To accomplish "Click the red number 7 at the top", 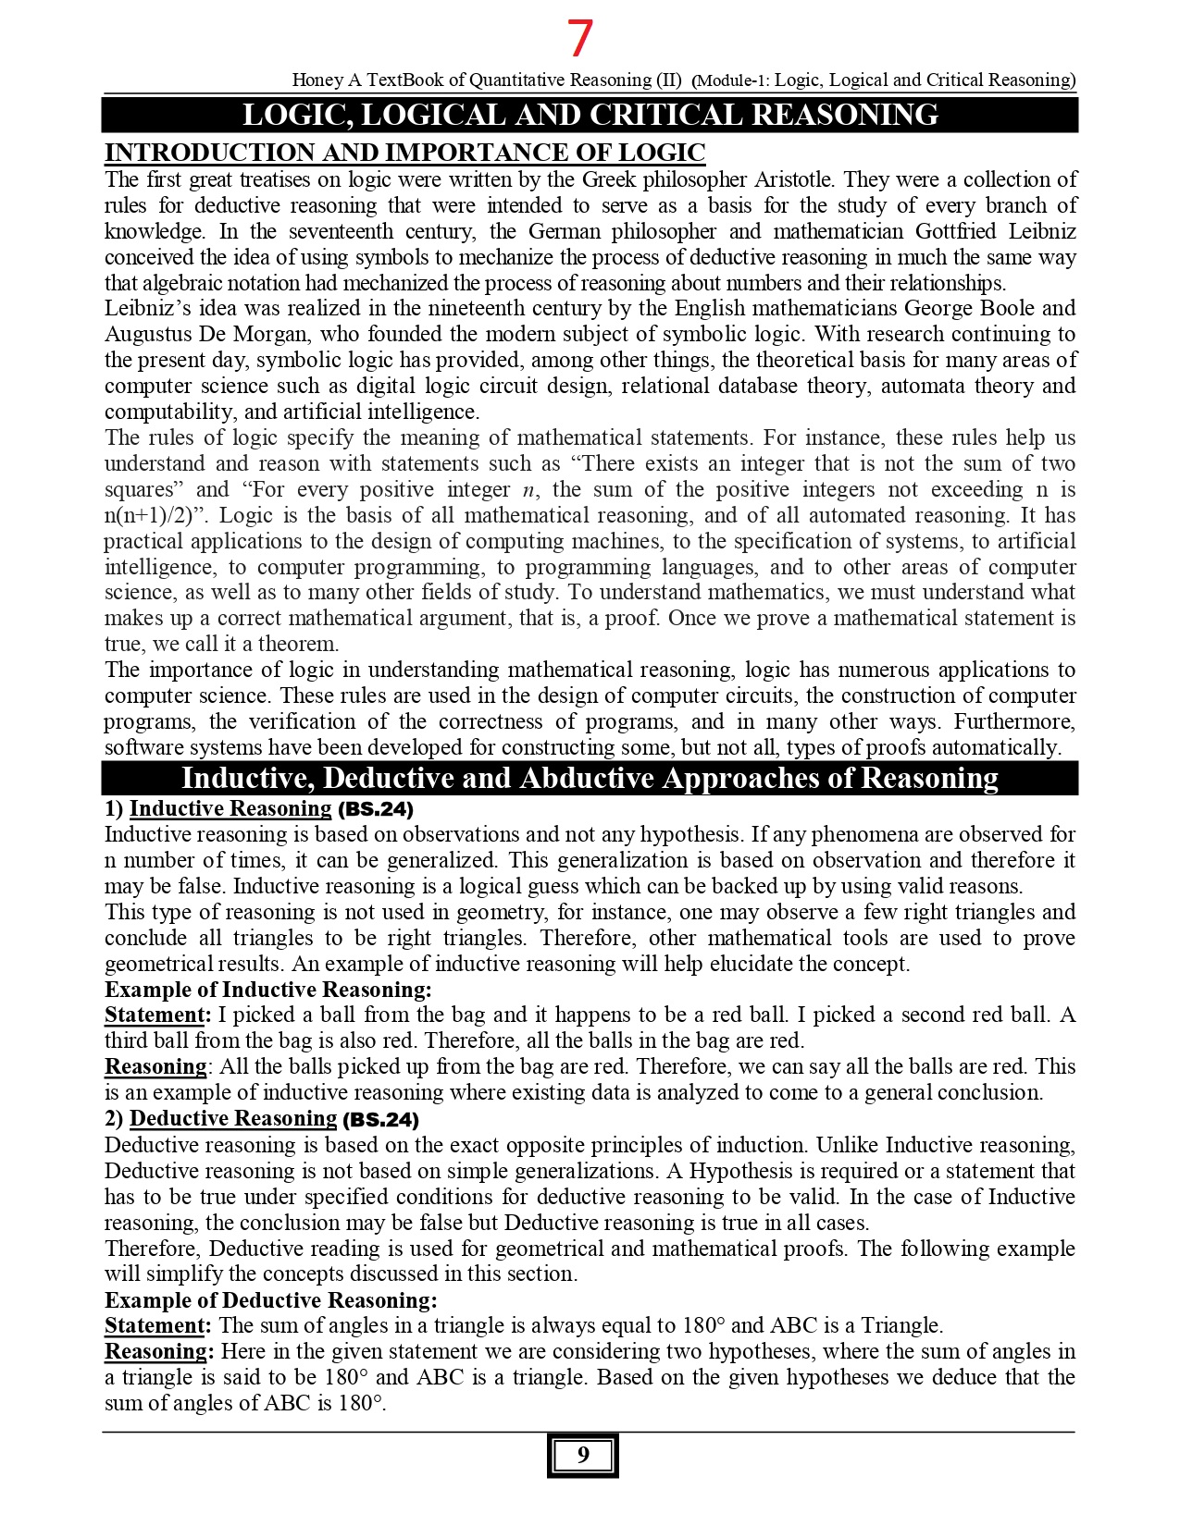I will coord(579,40).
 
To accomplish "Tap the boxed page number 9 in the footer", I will coord(582,1456).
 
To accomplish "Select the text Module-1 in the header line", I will coord(731,80).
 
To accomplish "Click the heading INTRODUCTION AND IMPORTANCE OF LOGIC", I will coord(404,153).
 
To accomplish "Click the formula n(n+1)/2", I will coord(148,516).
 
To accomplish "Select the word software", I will coord(143,747).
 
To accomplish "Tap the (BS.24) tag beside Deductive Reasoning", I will coord(381,1120).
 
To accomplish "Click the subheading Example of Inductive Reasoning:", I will coord(268,991).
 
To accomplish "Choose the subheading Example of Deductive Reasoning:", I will coord(271,1300).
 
